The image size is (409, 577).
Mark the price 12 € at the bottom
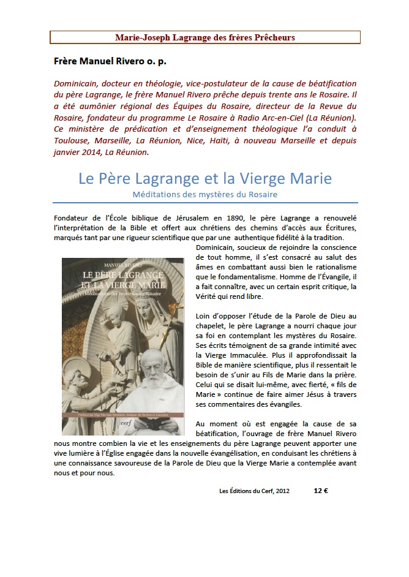pos(321,491)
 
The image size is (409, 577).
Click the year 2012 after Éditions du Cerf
pos(281,491)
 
